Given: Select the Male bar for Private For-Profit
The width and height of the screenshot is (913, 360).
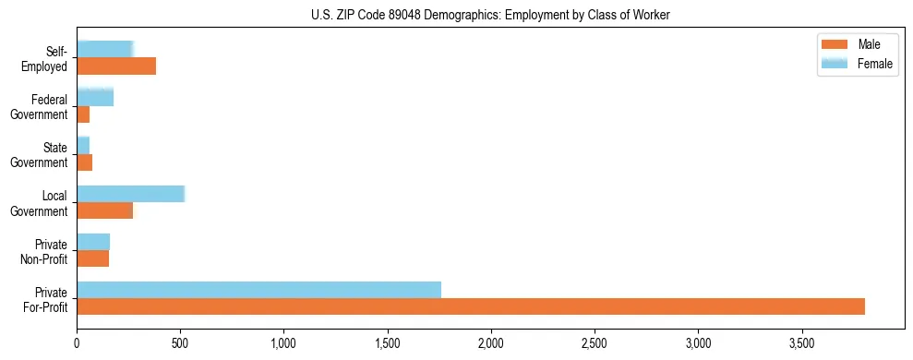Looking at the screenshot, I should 471,306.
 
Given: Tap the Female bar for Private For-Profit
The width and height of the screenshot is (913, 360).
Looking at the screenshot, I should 258,290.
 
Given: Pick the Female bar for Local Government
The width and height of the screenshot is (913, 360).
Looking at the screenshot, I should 130,194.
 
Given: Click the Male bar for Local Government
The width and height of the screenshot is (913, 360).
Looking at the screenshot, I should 104,210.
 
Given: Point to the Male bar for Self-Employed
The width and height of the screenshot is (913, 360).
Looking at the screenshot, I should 116,66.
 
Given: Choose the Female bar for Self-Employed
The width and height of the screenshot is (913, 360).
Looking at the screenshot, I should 105,50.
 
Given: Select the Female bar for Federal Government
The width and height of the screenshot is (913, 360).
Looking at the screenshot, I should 95,98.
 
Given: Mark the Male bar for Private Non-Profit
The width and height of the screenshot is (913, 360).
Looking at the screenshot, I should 92,258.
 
